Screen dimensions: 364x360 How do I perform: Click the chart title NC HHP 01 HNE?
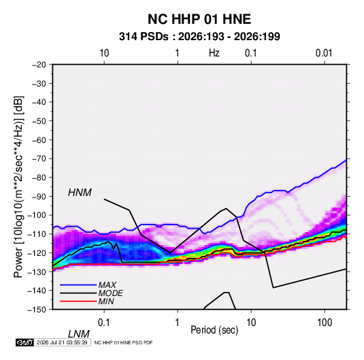[199, 19]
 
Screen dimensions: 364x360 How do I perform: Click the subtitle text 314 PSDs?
[144, 37]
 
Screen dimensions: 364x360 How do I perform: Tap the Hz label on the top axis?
[214, 53]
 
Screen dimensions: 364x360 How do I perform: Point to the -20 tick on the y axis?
[39, 65]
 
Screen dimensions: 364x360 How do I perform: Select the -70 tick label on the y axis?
[39, 159]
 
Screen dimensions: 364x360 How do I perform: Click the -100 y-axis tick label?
[37, 215]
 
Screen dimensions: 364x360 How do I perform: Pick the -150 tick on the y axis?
[37, 310]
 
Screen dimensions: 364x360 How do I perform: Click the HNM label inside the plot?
[80, 193]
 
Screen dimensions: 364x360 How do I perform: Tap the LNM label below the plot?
[78, 334]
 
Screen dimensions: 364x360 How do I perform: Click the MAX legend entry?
[107, 284]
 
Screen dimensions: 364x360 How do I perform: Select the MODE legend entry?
[110, 293]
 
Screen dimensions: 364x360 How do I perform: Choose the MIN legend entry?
[106, 301]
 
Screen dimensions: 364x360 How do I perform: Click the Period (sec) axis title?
[214, 330]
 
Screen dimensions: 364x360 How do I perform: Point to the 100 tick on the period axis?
[325, 323]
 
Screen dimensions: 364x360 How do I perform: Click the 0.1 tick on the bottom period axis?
[103, 323]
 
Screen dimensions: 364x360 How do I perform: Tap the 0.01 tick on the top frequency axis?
[324, 53]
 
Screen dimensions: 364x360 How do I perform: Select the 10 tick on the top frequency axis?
[104, 53]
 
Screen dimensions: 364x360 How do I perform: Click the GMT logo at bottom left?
[24, 342]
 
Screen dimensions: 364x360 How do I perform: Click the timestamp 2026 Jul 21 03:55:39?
[62, 342]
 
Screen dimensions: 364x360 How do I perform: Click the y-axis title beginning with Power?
[18, 187]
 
